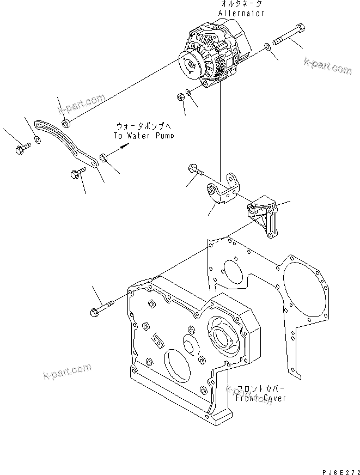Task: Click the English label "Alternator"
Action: [x=242, y=13]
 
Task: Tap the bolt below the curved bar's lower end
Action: [x=76, y=174]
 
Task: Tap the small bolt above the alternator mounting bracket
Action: [x=195, y=170]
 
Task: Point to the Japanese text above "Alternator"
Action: [x=242, y=4]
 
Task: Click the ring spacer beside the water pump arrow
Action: [x=103, y=159]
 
